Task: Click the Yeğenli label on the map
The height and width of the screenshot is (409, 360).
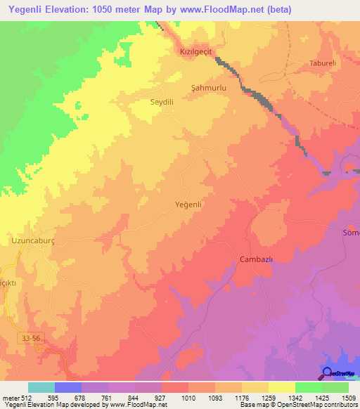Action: (x=188, y=204)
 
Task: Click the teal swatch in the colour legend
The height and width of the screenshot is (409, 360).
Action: (x=41, y=387)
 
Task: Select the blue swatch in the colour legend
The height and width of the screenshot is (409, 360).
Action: (x=68, y=387)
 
